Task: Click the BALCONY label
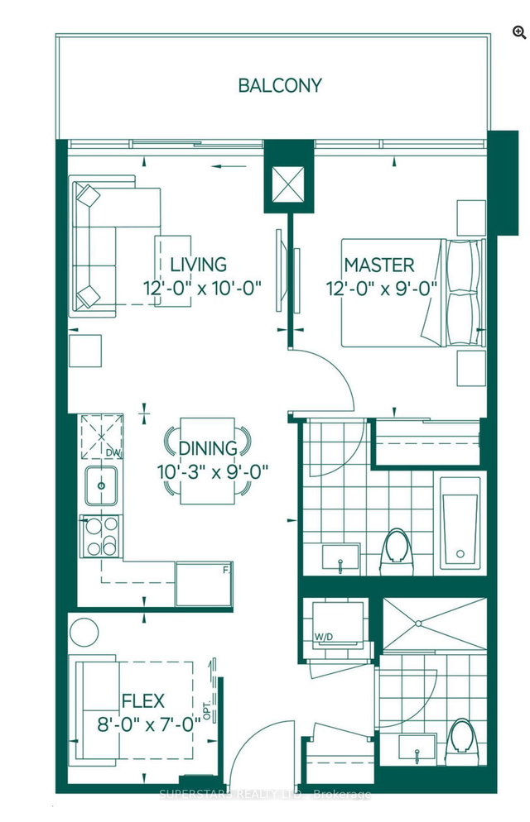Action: [280, 85]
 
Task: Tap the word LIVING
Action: [199, 265]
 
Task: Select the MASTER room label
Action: [379, 265]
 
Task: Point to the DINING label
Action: [208, 448]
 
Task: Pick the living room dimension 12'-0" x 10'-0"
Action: [201, 289]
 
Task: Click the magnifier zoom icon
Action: [518, 32]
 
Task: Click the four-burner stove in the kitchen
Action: [100, 535]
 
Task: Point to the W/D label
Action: [324, 637]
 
